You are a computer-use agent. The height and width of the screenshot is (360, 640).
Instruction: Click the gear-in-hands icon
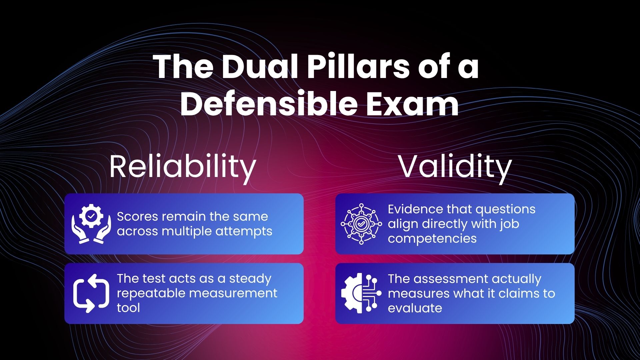coord(91,224)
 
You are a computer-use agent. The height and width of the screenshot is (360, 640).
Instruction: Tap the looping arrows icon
coord(91,293)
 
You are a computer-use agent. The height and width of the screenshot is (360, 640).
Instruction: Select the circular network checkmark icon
coord(361,224)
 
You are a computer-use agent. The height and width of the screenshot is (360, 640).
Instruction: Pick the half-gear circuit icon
coord(361,293)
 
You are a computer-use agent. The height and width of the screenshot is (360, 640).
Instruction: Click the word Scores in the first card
coord(137,217)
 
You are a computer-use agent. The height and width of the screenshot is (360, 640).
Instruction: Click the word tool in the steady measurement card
coord(128,308)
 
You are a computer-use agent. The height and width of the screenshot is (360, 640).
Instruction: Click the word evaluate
coord(415,308)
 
